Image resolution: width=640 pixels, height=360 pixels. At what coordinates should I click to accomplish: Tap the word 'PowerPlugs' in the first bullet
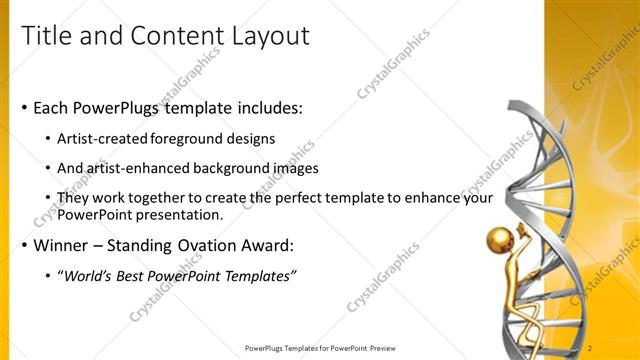pyautogui.click(x=115, y=108)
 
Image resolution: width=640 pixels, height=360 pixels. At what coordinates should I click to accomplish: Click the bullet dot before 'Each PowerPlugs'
pyautogui.click(x=25, y=108)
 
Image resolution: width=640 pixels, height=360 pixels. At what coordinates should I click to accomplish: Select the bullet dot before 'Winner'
pyautogui.click(x=25, y=245)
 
